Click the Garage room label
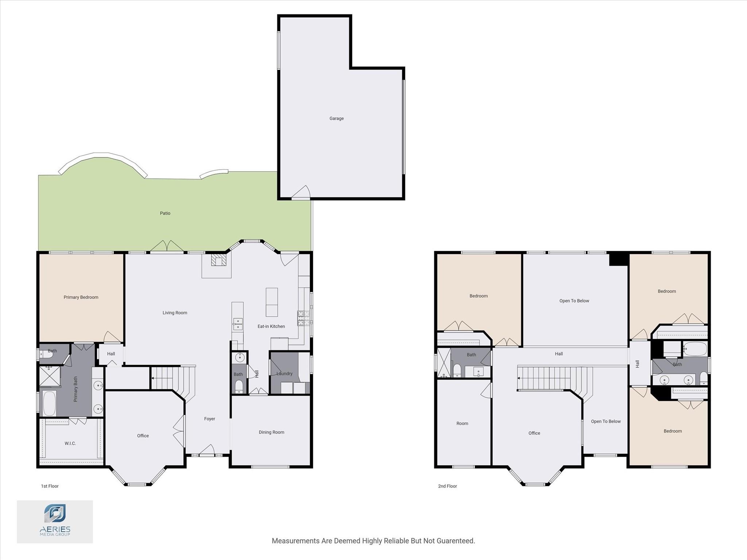tap(336, 119)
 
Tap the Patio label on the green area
tap(165, 213)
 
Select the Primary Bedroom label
tap(81, 297)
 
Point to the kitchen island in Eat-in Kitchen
tap(271, 302)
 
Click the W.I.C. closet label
tap(70, 444)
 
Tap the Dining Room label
tap(271, 432)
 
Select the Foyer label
tap(209, 419)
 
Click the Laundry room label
tap(284, 374)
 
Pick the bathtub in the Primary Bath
tap(49, 403)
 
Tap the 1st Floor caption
tap(50, 486)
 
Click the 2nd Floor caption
tap(447, 486)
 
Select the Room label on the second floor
tap(462, 424)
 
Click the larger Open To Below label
tap(574, 301)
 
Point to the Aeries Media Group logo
tap(55, 521)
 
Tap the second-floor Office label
tap(534, 433)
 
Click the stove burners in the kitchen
tap(303, 318)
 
